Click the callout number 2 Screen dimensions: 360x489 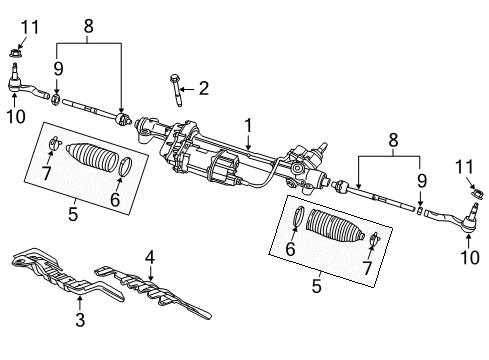click(x=203, y=89)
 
